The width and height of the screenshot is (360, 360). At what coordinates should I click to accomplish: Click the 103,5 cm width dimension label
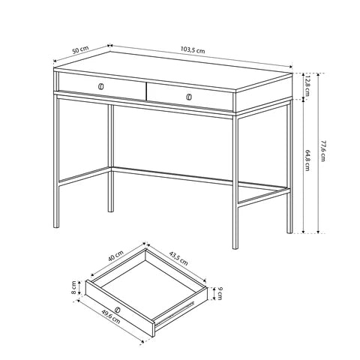[193, 49]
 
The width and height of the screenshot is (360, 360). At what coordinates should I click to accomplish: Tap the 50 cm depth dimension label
[80, 49]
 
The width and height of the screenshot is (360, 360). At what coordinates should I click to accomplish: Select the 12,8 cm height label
[307, 85]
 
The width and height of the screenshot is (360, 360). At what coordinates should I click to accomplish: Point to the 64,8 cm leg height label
[307, 160]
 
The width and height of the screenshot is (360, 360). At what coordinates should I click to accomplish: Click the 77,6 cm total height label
[323, 151]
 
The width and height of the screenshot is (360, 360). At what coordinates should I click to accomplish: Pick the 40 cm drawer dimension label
[115, 256]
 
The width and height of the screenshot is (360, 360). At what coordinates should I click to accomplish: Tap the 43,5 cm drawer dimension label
[178, 258]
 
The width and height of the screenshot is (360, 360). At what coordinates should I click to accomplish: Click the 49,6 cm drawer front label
[111, 316]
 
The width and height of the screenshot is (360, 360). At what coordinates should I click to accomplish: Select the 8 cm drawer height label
[73, 287]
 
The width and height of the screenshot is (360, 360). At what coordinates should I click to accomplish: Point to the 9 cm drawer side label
[220, 294]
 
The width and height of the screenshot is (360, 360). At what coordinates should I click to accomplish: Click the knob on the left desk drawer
[100, 86]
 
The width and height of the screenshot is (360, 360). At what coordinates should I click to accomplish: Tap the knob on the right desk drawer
[189, 97]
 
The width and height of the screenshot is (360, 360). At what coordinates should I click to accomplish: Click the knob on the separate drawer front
[117, 310]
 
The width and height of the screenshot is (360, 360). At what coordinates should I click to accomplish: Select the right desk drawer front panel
[190, 97]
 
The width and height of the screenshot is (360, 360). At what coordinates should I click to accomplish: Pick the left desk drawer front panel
[102, 86]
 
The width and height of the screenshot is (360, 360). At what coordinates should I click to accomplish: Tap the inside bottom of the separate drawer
[148, 285]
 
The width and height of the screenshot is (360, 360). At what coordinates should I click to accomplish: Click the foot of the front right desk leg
[235, 247]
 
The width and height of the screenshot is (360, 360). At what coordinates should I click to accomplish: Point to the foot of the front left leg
[56, 226]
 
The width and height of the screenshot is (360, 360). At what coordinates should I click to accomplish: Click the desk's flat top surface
[173, 72]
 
